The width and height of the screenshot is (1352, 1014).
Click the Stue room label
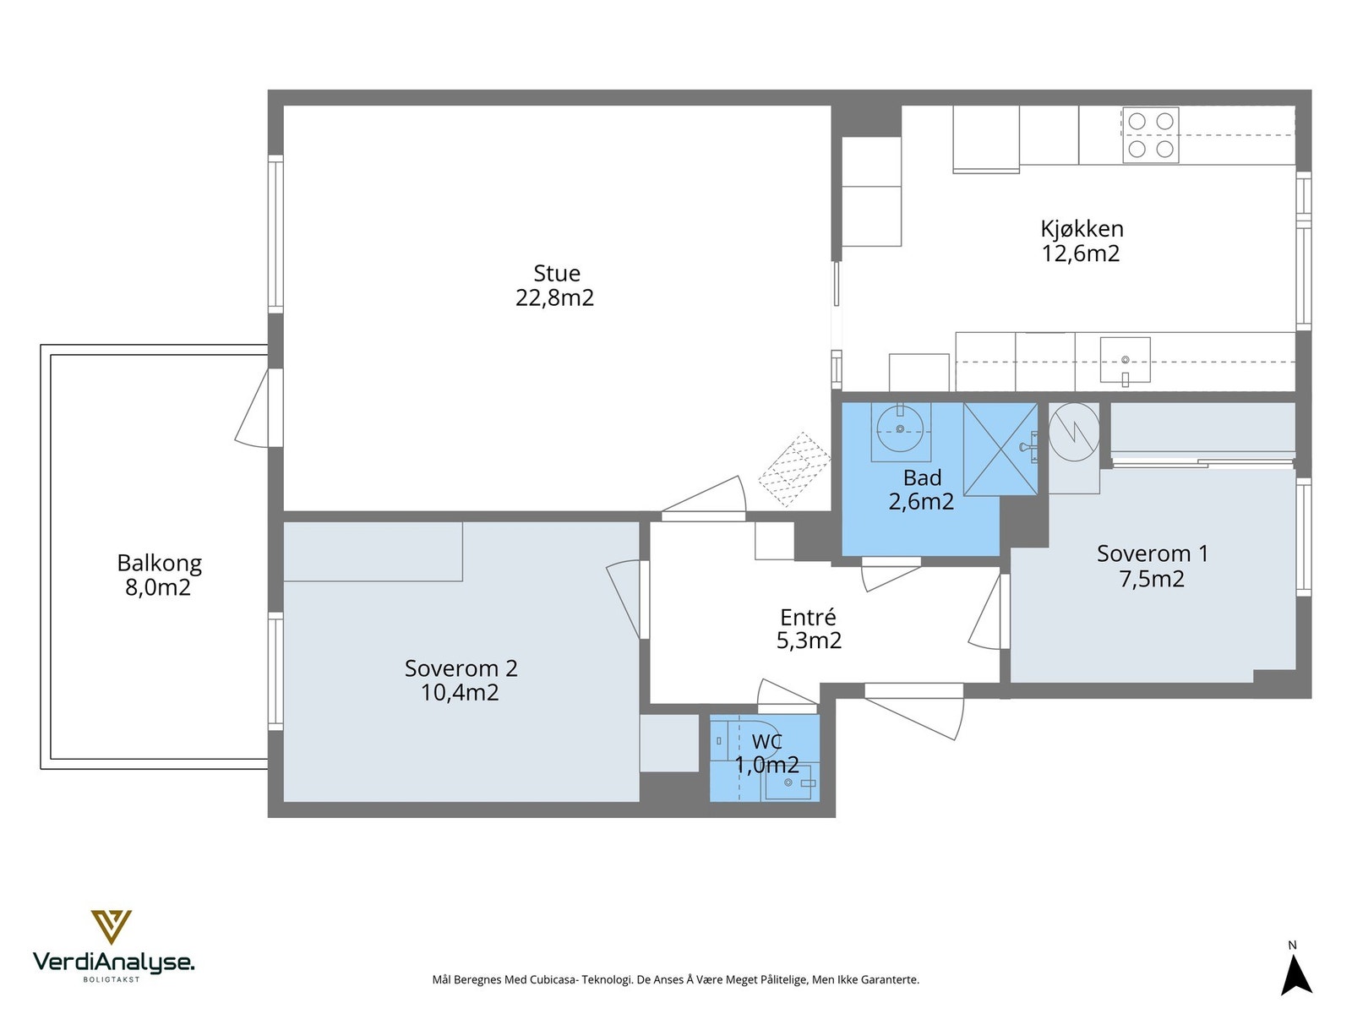(x=556, y=273)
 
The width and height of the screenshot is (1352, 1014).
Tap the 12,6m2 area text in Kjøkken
(x=1081, y=253)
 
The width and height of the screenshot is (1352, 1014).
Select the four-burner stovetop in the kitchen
(x=1150, y=135)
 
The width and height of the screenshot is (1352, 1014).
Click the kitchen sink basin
(x=1125, y=360)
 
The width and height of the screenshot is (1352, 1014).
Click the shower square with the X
(x=1000, y=449)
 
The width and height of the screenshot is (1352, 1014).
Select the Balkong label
(x=160, y=563)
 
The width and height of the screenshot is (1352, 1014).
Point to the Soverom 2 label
(x=461, y=668)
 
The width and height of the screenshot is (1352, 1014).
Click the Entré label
(x=808, y=617)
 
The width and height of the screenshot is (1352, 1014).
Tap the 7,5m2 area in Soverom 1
(x=1152, y=579)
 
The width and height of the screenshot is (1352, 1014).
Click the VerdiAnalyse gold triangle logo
(x=112, y=927)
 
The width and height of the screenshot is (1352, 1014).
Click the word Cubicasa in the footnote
(x=553, y=979)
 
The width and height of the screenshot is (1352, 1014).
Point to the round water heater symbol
(x=1074, y=432)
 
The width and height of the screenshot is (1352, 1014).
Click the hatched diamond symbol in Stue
(x=794, y=469)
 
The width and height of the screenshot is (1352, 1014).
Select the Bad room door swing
(x=890, y=575)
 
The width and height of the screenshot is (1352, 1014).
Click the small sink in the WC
(x=789, y=782)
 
